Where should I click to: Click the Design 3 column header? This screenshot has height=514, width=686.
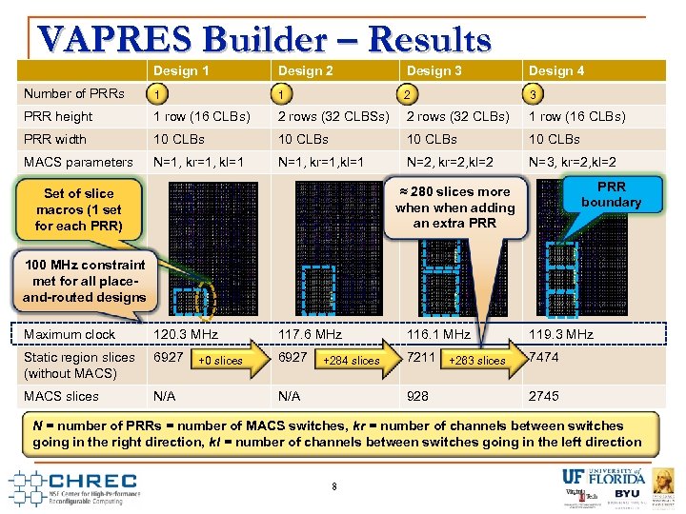pyautogui.click(x=434, y=70)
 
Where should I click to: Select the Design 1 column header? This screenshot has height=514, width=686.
pyautogui.click(x=181, y=70)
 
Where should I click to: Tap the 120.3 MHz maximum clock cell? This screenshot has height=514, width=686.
pyautogui.click(x=187, y=334)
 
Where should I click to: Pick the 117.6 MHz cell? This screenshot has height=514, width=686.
pyautogui.click(x=310, y=334)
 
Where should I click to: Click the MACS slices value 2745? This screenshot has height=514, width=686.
pyautogui.click(x=544, y=396)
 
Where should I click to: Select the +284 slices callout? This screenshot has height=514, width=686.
pyautogui.click(x=352, y=361)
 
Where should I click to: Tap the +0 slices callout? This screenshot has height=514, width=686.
pyautogui.click(x=221, y=361)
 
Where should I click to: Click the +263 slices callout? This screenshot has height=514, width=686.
pyautogui.click(x=477, y=361)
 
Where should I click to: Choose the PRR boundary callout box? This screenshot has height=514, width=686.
pyautogui.click(x=611, y=194)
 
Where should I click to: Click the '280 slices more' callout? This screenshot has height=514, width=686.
pyautogui.click(x=454, y=207)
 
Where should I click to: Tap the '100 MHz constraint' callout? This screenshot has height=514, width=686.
pyautogui.click(x=85, y=281)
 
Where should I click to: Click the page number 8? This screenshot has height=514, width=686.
pyautogui.click(x=334, y=486)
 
